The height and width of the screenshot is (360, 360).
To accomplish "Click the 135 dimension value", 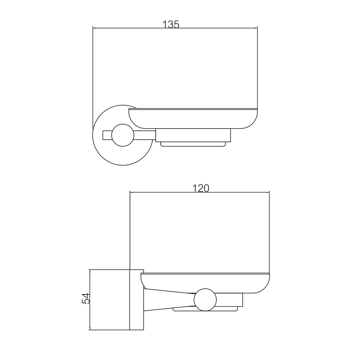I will (x=171, y=24).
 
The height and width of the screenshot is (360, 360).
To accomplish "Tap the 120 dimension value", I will (x=201, y=188).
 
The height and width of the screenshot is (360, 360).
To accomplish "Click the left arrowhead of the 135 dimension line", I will (x=95, y=27).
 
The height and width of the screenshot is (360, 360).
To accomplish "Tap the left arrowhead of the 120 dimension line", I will (x=131, y=193).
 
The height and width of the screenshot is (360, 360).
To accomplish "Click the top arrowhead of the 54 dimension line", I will (x=89, y=271).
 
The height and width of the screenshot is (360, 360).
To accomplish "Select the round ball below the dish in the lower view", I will (x=205, y=299).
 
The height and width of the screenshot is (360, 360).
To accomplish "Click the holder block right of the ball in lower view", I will (x=230, y=300).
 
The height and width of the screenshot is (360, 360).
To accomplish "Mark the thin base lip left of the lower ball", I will (x=184, y=309).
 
